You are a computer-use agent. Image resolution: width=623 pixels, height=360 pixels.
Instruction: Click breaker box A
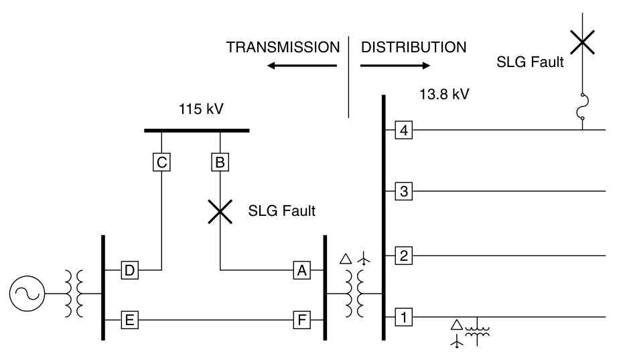coord(302,270)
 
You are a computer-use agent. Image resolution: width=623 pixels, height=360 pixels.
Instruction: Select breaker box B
coord(220,162)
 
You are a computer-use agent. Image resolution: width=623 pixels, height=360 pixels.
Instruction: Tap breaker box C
coord(161,162)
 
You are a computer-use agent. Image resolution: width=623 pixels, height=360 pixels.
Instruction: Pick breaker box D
coord(130,270)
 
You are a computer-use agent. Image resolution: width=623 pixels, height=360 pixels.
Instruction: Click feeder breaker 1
coord(404,316)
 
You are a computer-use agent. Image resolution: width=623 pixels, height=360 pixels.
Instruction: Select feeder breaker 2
coord(404,255)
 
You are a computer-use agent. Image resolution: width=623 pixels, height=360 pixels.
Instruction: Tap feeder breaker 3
coord(404,192)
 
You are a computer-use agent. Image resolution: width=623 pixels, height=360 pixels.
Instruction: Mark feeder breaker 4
coord(404,129)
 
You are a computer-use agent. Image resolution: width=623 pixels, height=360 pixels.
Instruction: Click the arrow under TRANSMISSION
coord(301,66)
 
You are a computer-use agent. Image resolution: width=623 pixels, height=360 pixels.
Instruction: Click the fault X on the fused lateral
coord(582,42)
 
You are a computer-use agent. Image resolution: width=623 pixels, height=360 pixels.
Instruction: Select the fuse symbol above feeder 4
coord(583,107)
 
